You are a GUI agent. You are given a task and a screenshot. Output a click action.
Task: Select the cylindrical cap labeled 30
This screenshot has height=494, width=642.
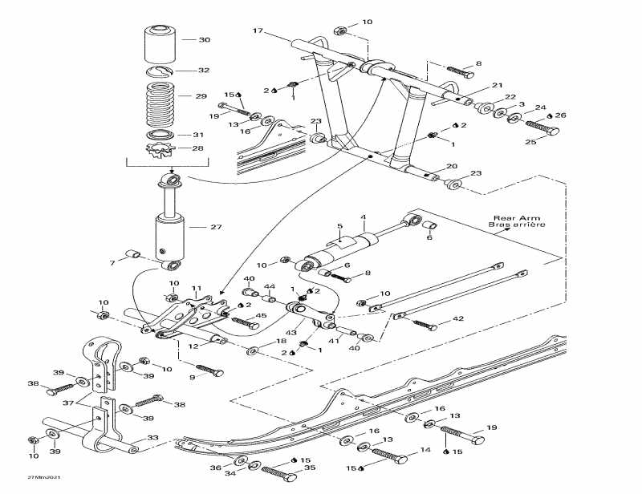point(160,44)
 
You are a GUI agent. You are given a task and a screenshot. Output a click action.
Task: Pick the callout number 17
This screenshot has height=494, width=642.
point(258,31)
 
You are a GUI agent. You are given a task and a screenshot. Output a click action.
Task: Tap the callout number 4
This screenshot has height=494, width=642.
point(363,217)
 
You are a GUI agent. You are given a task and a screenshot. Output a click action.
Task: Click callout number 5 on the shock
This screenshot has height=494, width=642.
point(339,227)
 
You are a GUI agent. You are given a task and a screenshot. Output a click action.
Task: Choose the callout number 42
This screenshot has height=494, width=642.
point(458,319)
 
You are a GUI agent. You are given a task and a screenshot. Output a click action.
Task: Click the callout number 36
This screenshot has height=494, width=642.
point(215,468)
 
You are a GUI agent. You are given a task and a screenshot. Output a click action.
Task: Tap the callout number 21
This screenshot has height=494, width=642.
point(497,86)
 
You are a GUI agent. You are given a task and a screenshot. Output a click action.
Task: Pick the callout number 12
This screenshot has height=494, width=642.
point(193,346)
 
